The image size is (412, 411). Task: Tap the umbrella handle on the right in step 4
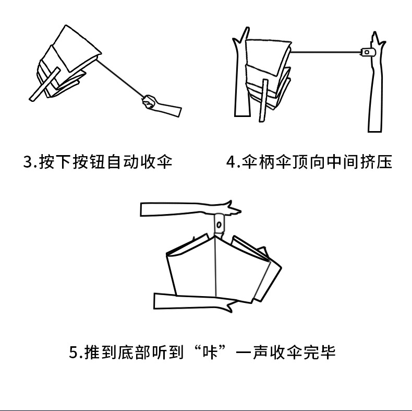[368, 52]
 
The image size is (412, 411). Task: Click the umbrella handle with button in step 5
[220, 224]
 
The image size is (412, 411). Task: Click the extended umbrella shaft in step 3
[120, 78]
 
